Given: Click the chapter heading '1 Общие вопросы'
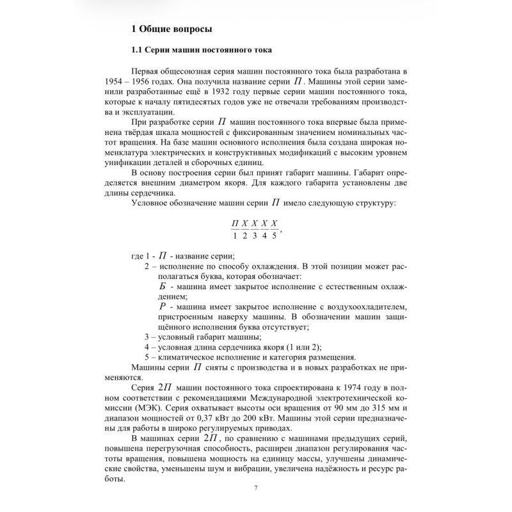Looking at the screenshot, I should (171, 28).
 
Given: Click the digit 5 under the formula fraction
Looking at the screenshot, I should (274, 237).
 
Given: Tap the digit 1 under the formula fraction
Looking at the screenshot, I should (235, 237).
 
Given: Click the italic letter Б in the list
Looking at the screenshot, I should (162, 286).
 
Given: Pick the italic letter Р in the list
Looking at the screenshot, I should (162, 308).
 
